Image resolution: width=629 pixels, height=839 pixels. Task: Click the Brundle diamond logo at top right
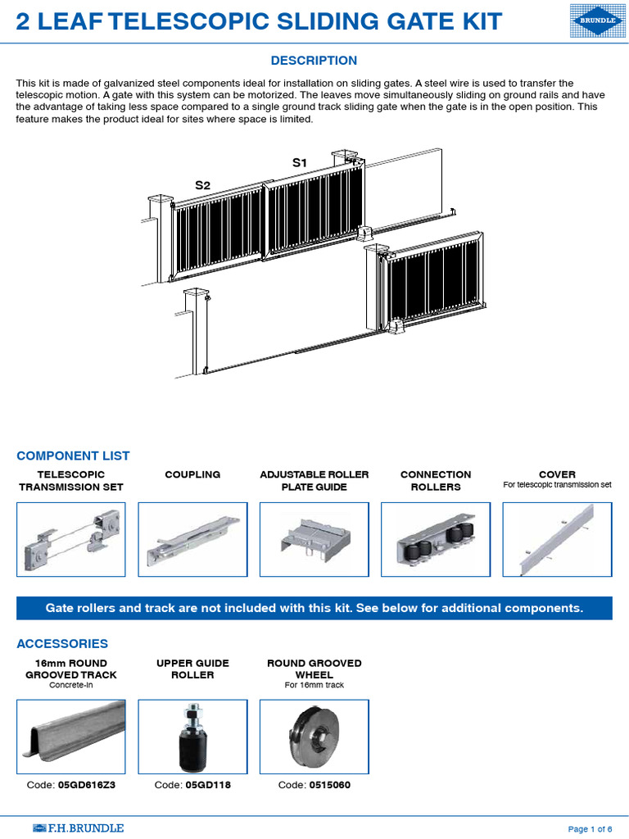[x=595, y=21]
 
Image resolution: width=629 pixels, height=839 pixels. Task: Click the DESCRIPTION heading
[x=314, y=61]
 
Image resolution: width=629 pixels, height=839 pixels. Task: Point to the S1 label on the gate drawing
[x=300, y=163]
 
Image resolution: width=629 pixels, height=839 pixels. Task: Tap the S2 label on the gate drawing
[x=202, y=186]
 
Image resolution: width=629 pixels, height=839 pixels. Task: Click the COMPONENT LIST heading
[x=73, y=456]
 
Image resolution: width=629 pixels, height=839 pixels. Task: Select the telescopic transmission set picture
[x=71, y=540]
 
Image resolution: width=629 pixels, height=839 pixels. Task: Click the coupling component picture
[x=192, y=540]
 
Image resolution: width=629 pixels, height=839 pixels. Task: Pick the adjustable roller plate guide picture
[x=314, y=540]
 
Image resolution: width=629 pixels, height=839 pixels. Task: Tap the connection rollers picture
[x=436, y=540]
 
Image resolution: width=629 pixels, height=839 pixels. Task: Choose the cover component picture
[x=557, y=540]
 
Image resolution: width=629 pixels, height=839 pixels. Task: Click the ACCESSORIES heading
[x=62, y=644]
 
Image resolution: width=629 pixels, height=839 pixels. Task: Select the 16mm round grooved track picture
[x=71, y=737]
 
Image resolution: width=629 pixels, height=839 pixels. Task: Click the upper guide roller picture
[x=192, y=737]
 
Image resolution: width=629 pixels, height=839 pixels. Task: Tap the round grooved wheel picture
[x=314, y=737]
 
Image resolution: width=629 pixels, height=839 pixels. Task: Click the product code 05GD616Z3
[x=86, y=785]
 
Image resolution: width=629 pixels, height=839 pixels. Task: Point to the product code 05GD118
[x=203, y=785]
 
